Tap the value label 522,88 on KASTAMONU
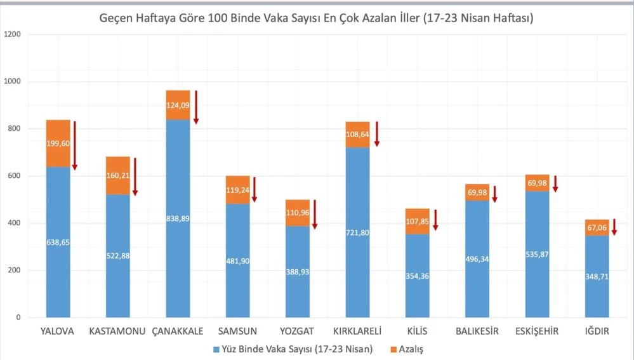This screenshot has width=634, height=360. (x=118, y=255)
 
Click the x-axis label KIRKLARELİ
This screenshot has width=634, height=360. (x=358, y=331)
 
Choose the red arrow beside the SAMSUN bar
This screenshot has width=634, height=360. (x=254, y=189)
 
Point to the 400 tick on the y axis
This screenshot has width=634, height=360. (x=14, y=223)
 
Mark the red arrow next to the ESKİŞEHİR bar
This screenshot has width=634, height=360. (x=555, y=183)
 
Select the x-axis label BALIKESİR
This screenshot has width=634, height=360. (x=477, y=331)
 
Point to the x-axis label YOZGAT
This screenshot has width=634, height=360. (x=298, y=331)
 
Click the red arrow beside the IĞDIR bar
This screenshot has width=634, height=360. (x=614, y=227)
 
